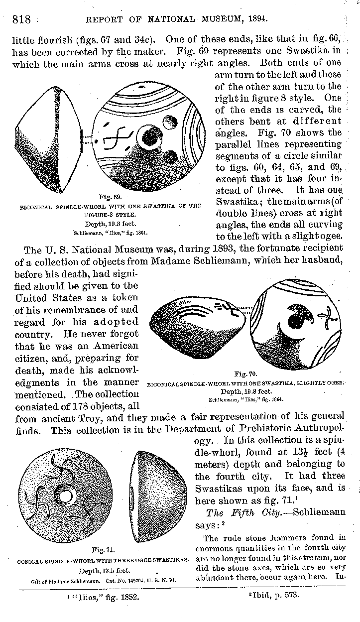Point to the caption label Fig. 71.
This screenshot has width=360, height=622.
pyautogui.click(x=104, y=550)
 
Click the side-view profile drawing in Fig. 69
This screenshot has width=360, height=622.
pyautogui.click(x=46, y=139)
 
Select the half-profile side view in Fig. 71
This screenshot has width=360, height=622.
pyautogui.click(x=152, y=496)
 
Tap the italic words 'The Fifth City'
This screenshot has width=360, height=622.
pyautogui.click(x=237, y=512)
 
